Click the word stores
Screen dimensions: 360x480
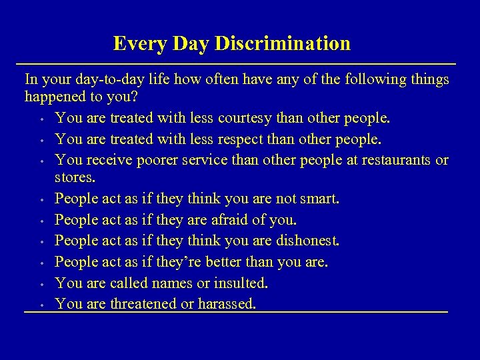point(75,179)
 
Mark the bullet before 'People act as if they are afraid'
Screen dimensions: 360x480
point(41,221)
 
